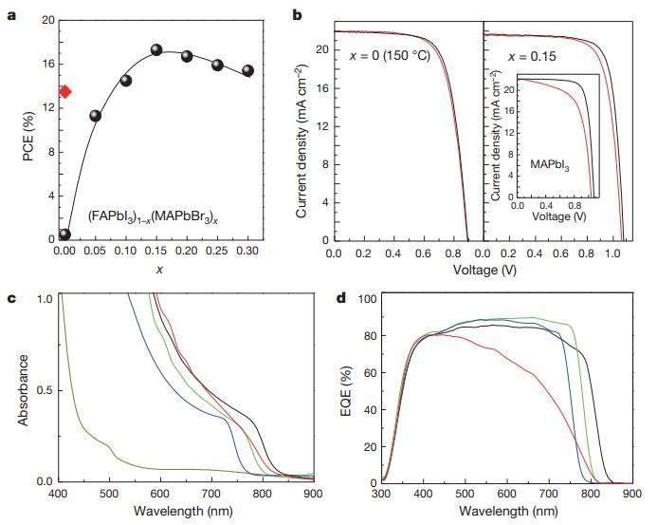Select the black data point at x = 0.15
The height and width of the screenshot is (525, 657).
click(x=156, y=50)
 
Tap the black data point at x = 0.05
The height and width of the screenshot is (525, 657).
click(x=95, y=116)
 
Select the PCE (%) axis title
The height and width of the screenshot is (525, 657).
click(x=14, y=128)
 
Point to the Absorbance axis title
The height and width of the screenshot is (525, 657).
click(x=14, y=389)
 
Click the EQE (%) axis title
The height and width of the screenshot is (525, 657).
click(x=346, y=389)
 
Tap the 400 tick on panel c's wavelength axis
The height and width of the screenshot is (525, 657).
click(x=58, y=495)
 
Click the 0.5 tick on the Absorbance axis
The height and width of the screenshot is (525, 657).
click(x=44, y=390)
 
